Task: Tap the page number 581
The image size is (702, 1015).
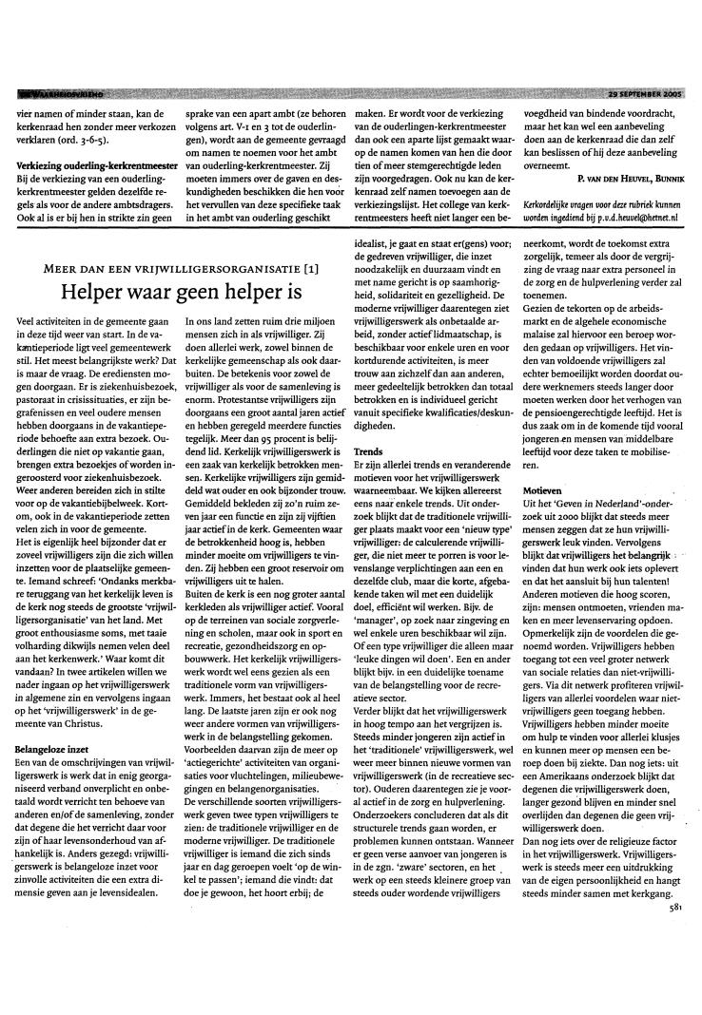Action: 675,989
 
